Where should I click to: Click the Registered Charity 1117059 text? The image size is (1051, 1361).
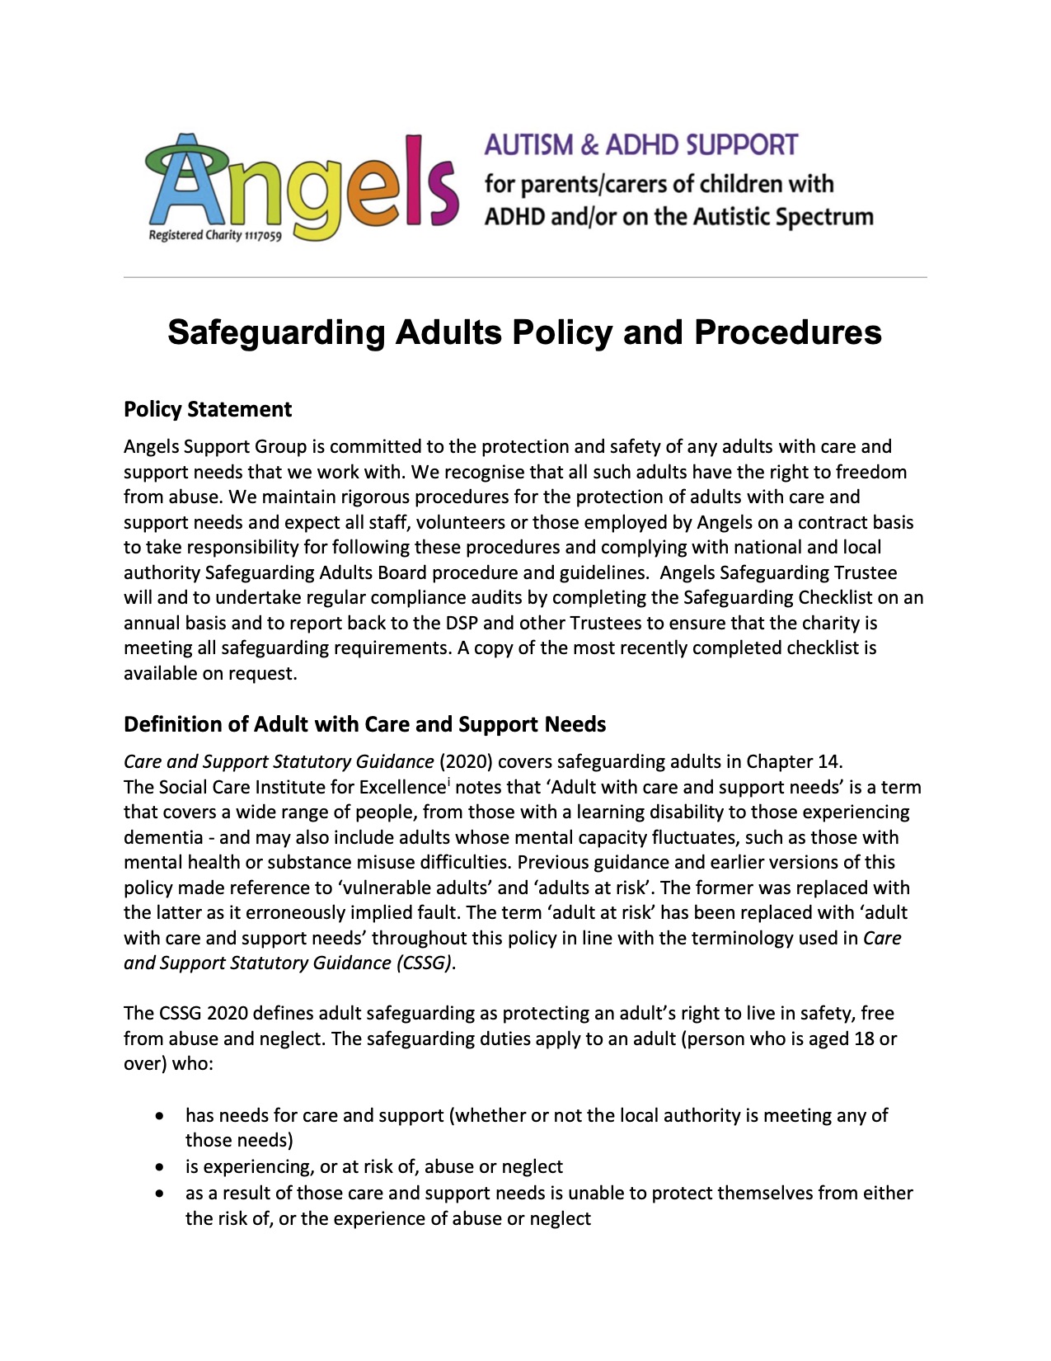215,236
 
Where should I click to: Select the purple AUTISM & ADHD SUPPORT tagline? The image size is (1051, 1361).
640,145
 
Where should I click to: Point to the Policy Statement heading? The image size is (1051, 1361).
208,410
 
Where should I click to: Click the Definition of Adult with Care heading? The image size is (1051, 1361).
364,724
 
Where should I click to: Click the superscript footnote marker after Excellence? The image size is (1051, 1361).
448,781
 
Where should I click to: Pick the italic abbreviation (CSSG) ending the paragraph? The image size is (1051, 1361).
425,963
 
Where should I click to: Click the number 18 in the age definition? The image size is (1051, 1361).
864,1038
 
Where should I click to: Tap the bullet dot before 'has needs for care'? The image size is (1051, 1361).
159,1116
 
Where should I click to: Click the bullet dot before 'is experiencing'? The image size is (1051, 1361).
159,1167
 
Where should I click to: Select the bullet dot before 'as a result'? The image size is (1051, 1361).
159,1194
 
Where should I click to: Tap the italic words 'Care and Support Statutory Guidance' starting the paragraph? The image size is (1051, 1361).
279,761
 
